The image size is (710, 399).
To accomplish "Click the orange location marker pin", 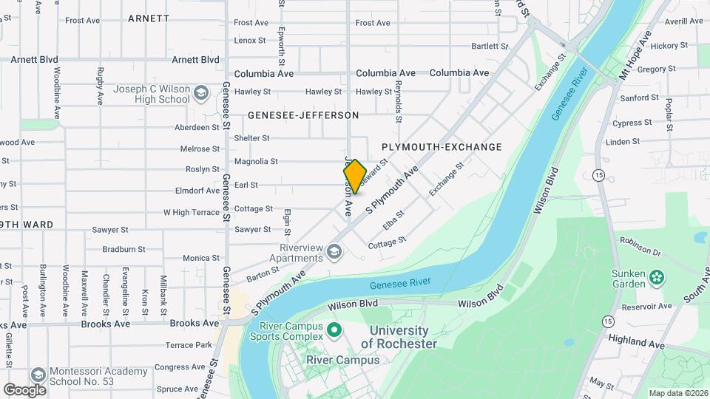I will coord(355,177).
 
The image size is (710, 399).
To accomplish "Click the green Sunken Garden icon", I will coord(656,279).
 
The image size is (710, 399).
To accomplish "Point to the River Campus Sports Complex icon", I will coord(334,329).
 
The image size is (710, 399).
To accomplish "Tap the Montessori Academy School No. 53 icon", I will coord(38,376).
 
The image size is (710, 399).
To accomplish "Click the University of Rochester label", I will coord(399,337).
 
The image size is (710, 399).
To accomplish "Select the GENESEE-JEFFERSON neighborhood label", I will coord(303,115).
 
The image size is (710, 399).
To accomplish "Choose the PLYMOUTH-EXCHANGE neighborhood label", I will coord(442,147).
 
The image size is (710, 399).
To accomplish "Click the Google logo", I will coord(25,389).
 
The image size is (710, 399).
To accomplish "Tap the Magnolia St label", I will coord(256,161).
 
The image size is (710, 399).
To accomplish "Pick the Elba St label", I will coord(393,220).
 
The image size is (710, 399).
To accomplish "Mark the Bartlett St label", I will coord(490,47).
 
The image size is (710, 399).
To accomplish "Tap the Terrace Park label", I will coord(189,345).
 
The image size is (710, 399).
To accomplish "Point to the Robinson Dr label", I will coord(639,241).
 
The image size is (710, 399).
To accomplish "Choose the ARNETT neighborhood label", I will coord(148,18).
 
